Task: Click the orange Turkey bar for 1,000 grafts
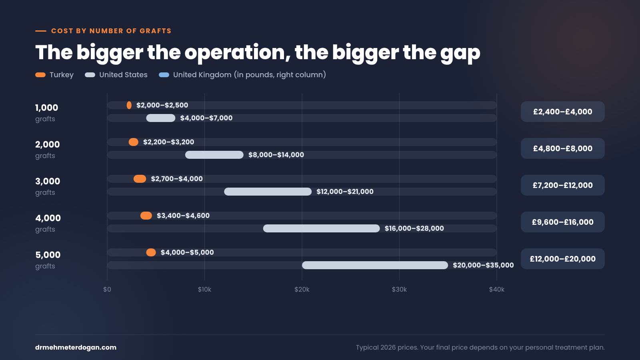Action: pos(129,105)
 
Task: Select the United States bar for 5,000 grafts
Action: pos(375,265)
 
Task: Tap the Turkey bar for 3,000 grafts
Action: pos(140,179)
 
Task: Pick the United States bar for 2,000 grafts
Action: pos(214,155)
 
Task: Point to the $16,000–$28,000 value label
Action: pos(414,228)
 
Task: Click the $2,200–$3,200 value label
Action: pos(168,142)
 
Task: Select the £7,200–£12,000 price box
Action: pos(562,185)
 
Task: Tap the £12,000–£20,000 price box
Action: pos(562,259)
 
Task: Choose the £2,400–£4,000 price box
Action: pos(562,112)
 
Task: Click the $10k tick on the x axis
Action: pos(204,290)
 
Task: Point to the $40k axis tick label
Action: pos(497,290)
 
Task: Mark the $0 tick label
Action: pos(107,290)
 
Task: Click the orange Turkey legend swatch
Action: pos(40,75)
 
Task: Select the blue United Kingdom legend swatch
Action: pos(164,75)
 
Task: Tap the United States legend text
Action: pos(124,75)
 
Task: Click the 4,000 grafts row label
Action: pos(48,223)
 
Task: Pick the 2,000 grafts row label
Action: pos(48,150)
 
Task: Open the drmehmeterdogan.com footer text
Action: pos(76,348)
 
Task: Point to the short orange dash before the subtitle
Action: pos(40,31)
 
